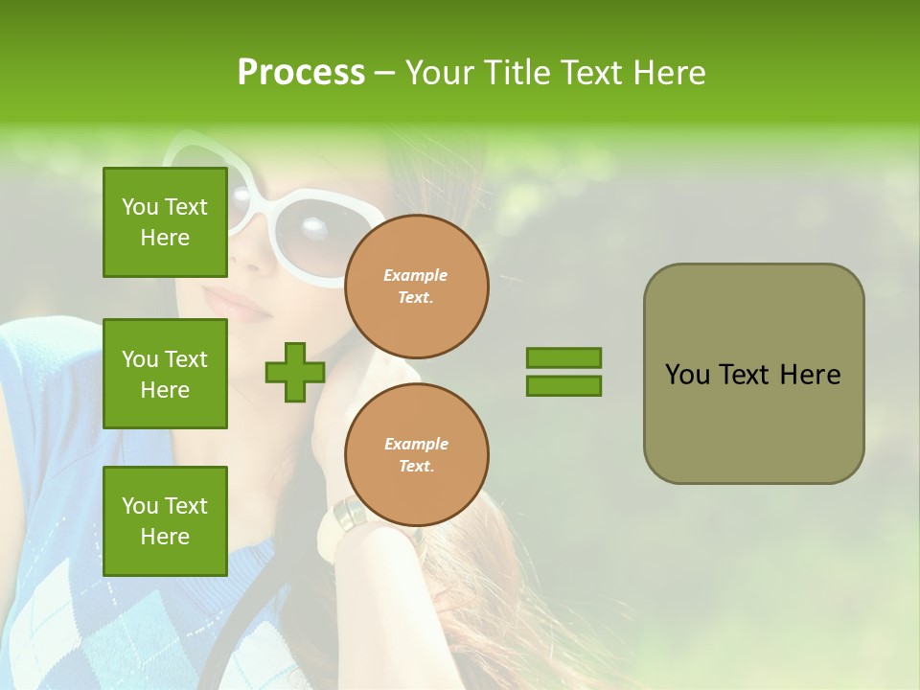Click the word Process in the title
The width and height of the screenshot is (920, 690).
point(301,73)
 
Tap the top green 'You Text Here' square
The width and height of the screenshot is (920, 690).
point(165,222)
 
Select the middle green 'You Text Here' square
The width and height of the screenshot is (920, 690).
point(165,374)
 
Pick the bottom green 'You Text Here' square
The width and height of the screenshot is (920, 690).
point(165,521)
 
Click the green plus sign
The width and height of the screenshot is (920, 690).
point(295,373)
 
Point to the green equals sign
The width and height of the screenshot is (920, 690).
point(563,372)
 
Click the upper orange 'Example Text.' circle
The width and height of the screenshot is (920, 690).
point(417,287)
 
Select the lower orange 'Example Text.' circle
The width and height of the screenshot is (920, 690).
point(417,455)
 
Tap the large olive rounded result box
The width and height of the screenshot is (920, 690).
point(753,374)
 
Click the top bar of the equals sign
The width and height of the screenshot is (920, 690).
point(563,358)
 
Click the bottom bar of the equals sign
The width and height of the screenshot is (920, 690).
point(563,386)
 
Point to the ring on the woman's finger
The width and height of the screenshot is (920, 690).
point(350,515)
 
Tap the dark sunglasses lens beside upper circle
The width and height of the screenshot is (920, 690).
point(324,230)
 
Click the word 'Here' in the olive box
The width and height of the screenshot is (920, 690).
point(810,375)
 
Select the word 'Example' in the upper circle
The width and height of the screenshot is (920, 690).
point(416,275)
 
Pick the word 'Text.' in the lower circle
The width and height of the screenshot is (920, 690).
point(416,467)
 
